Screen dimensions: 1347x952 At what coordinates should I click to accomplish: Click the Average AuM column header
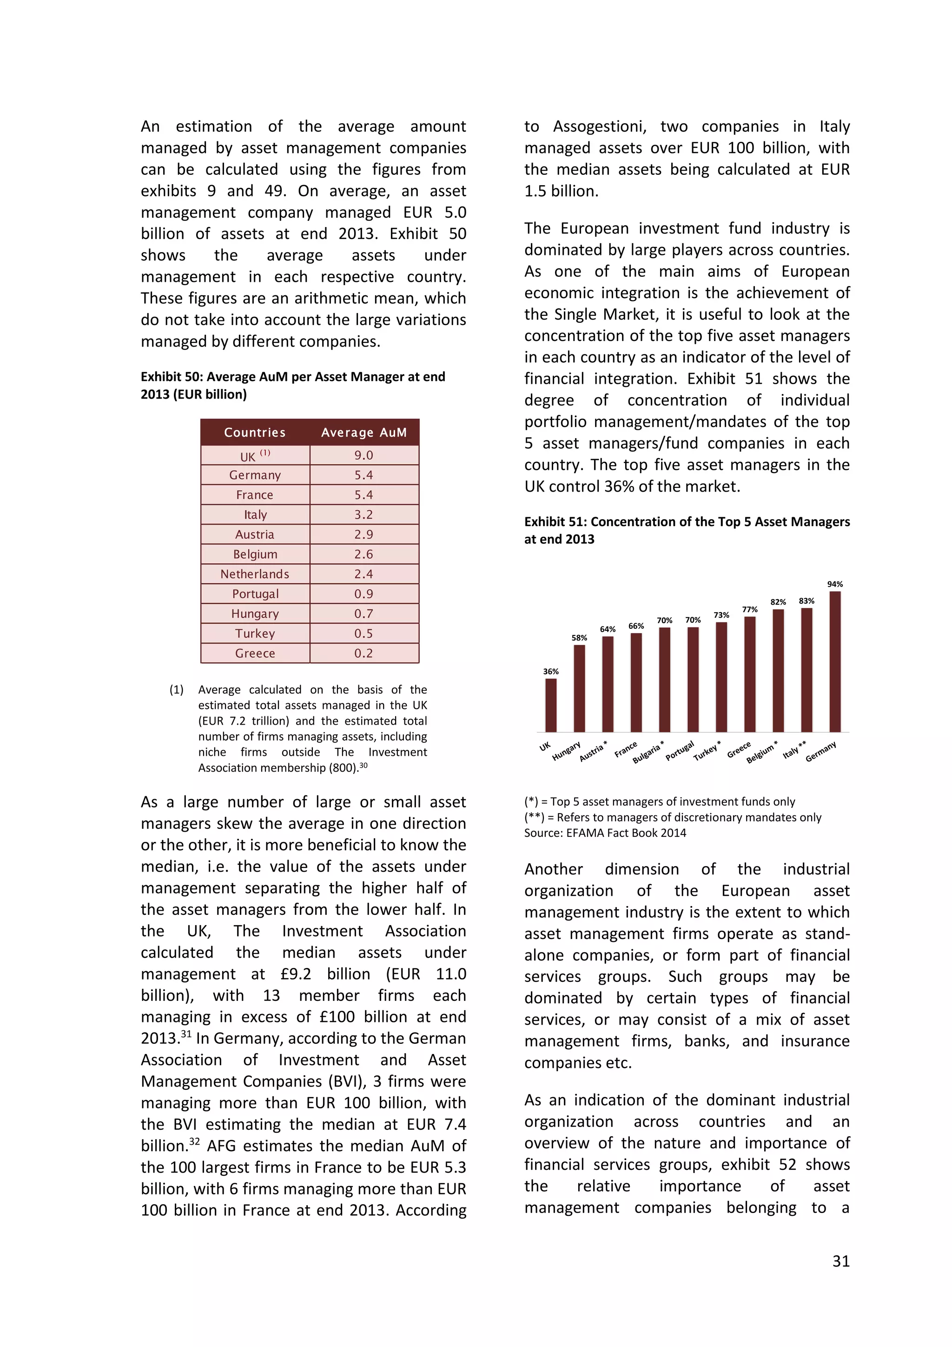pyautogui.click(x=364, y=433)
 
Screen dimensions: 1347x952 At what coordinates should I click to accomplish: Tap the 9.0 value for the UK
pyautogui.click(x=364, y=455)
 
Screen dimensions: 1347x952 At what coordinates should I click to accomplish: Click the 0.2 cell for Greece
pyautogui.click(x=364, y=653)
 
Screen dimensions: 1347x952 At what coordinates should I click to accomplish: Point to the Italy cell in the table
pyautogui.click(x=255, y=514)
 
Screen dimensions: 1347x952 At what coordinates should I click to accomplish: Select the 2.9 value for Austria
pyautogui.click(x=364, y=534)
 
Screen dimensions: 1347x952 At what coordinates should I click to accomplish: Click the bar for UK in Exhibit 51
pyautogui.click(x=551, y=705)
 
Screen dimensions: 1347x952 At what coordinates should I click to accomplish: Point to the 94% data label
pyautogui.click(x=835, y=584)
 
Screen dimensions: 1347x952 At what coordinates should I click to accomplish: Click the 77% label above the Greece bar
pyautogui.click(x=750, y=610)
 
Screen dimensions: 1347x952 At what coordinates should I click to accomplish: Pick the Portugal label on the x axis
pyautogui.click(x=680, y=751)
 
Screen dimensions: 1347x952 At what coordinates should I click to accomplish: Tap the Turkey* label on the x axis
pyautogui.click(x=707, y=751)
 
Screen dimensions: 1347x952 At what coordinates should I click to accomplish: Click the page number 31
pyautogui.click(x=840, y=1261)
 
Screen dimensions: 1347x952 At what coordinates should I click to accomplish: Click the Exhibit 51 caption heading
pyautogui.click(x=687, y=530)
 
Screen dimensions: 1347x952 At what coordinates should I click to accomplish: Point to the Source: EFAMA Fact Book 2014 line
pyautogui.click(x=605, y=833)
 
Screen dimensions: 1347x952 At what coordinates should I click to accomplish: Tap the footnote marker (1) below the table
pyautogui.click(x=177, y=689)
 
